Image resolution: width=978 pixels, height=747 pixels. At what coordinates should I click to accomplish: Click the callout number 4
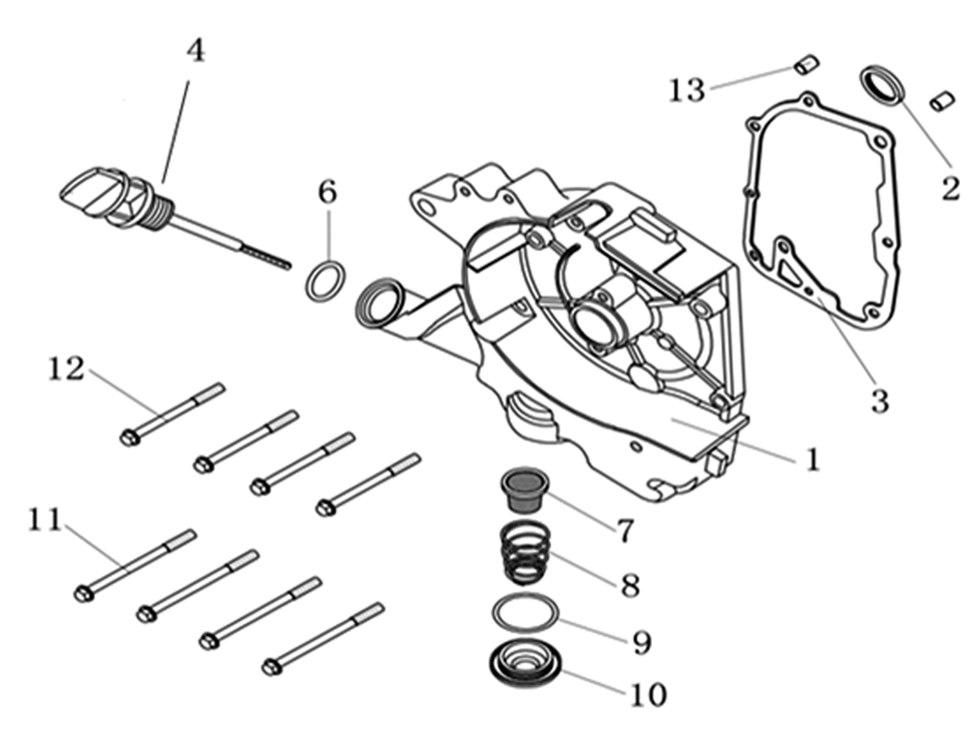point(196,50)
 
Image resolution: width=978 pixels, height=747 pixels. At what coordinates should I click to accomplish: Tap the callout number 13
point(687,90)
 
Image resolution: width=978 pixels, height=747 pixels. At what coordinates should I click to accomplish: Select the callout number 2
point(950,187)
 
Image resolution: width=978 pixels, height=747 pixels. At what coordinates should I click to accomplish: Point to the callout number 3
point(878,400)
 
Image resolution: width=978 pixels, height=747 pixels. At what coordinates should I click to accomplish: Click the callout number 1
point(812,459)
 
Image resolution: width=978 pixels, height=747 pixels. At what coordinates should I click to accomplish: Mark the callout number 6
point(327,192)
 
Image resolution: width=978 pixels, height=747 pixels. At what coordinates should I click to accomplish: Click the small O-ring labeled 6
point(325,281)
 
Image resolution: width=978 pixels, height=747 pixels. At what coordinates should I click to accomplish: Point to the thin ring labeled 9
point(523,612)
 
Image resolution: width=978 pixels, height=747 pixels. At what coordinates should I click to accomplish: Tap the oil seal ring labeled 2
point(882,84)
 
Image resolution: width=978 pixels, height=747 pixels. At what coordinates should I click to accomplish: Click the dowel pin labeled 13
point(806,66)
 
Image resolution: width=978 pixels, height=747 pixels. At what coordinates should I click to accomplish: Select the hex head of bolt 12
point(129,436)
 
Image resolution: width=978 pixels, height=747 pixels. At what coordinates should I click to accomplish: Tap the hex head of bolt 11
point(84,594)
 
